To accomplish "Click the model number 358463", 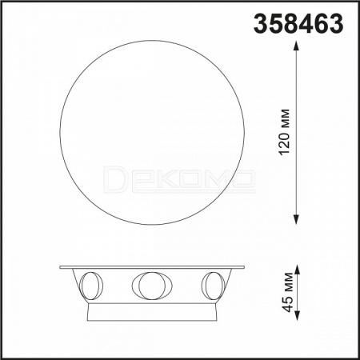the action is [298, 23].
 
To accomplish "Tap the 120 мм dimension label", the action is [284, 131].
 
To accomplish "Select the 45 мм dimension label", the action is [288, 292].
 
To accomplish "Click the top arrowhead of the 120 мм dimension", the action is [296, 46].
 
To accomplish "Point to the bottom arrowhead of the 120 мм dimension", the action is [296, 219].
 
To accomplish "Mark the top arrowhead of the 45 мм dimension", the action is [298, 270].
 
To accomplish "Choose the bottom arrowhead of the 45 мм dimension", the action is [298, 315].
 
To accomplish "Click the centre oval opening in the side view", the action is [152, 286].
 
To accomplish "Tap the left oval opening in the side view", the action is [91, 286].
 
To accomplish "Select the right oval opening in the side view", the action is [213, 286].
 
